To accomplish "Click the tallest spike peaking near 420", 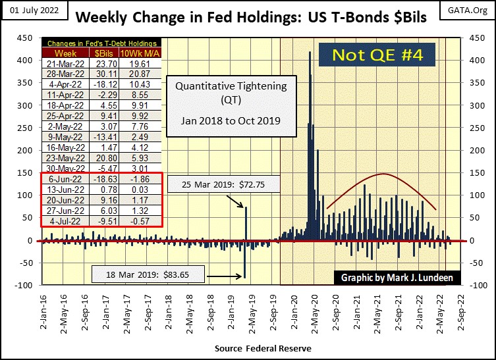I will click(310, 53).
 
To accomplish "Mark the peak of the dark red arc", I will click(383, 174).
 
